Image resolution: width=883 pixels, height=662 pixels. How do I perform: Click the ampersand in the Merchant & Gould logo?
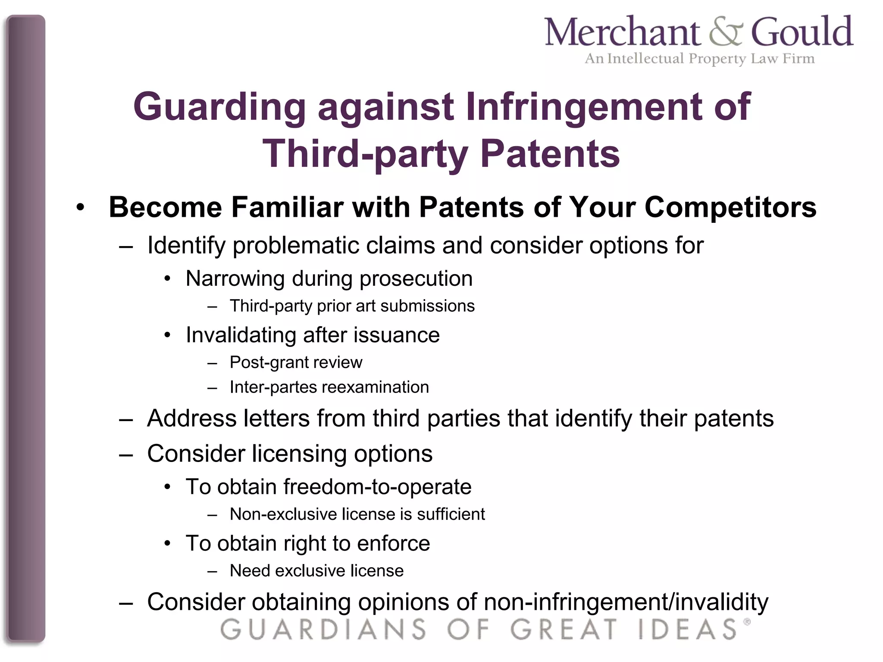[726, 33]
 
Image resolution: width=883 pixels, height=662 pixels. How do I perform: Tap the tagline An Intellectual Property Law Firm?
[699, 59]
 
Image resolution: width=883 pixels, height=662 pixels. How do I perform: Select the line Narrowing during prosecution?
[329, 278]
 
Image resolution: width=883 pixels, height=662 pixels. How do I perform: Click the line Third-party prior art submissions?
[352, 306]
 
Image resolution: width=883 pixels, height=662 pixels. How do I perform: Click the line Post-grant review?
[296, 362]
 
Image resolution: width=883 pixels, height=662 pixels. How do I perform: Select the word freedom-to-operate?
[377, 487]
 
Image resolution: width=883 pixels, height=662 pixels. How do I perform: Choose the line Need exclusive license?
[316, 571]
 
